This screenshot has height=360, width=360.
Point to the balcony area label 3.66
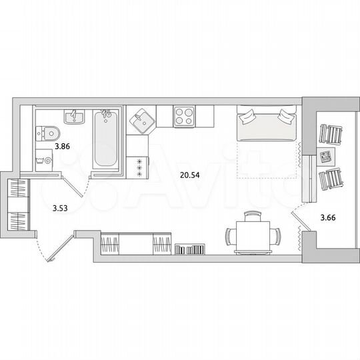coord(327,216)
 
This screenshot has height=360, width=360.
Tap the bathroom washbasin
coord(73,117)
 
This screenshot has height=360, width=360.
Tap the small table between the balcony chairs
coord(325,158)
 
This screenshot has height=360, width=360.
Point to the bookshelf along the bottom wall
coord(189,250)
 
